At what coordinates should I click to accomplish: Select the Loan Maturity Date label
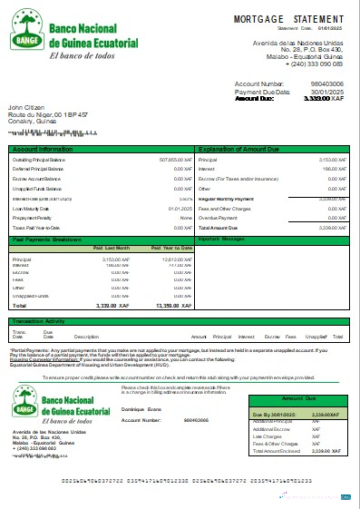click(x=34, y=208)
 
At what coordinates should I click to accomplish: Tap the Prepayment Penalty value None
click(x=185, y=218)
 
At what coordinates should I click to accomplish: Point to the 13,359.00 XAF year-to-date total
click(x=172, y=307)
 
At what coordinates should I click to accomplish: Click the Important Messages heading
click(x=223, y=240)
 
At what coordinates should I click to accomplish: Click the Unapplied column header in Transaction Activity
click(x=316, y=337)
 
